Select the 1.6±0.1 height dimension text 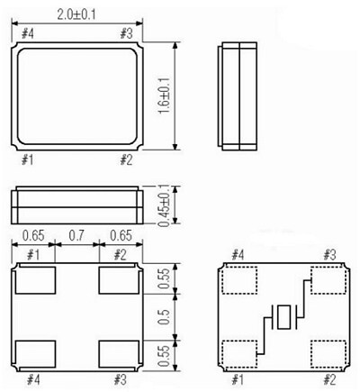[163, 95]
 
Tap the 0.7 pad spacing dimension [76, 236]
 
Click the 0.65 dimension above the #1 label [33, 236]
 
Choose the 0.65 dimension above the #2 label [120, 236]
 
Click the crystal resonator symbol [285, 317]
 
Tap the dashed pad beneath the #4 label [237, 280]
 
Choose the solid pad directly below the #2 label [118, 280]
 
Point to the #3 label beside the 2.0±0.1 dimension [127, 34]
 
